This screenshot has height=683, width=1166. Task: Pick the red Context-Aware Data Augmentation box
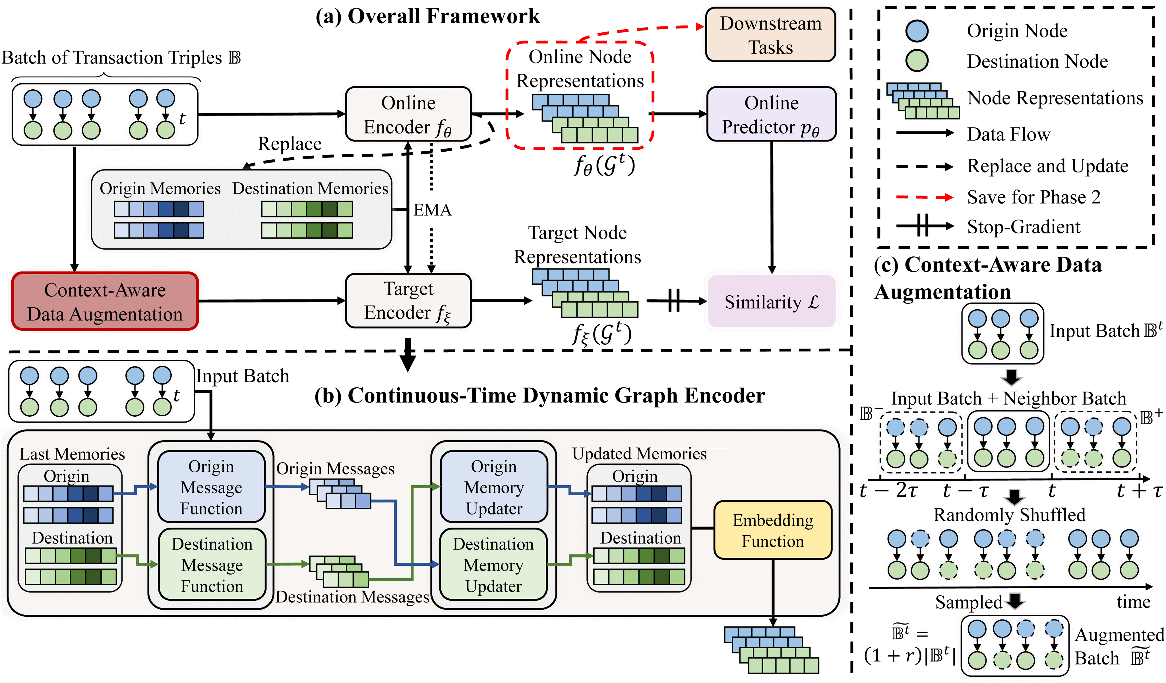tap(105, 301)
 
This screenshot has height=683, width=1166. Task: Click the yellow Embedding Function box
tap(773, 530)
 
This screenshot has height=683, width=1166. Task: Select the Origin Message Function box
tap(212, 487)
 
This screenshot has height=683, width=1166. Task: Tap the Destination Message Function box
tap(212, 565)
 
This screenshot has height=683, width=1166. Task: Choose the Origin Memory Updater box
tap(494, 487)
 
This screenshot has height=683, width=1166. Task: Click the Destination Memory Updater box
tap(494, 565)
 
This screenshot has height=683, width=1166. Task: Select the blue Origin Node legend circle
tap(917, 30)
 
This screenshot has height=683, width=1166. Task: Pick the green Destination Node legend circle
tap(917, 61)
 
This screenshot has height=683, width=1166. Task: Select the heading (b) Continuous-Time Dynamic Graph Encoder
tap(539, 396)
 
